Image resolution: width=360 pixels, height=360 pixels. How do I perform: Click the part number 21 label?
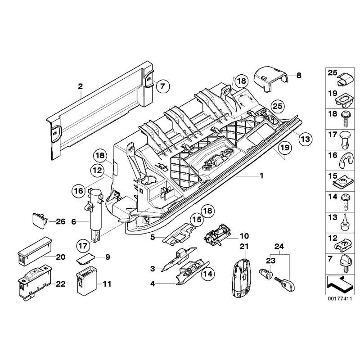tap(244, 246)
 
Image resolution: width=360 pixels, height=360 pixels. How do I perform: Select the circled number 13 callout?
tap(305, 139)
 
